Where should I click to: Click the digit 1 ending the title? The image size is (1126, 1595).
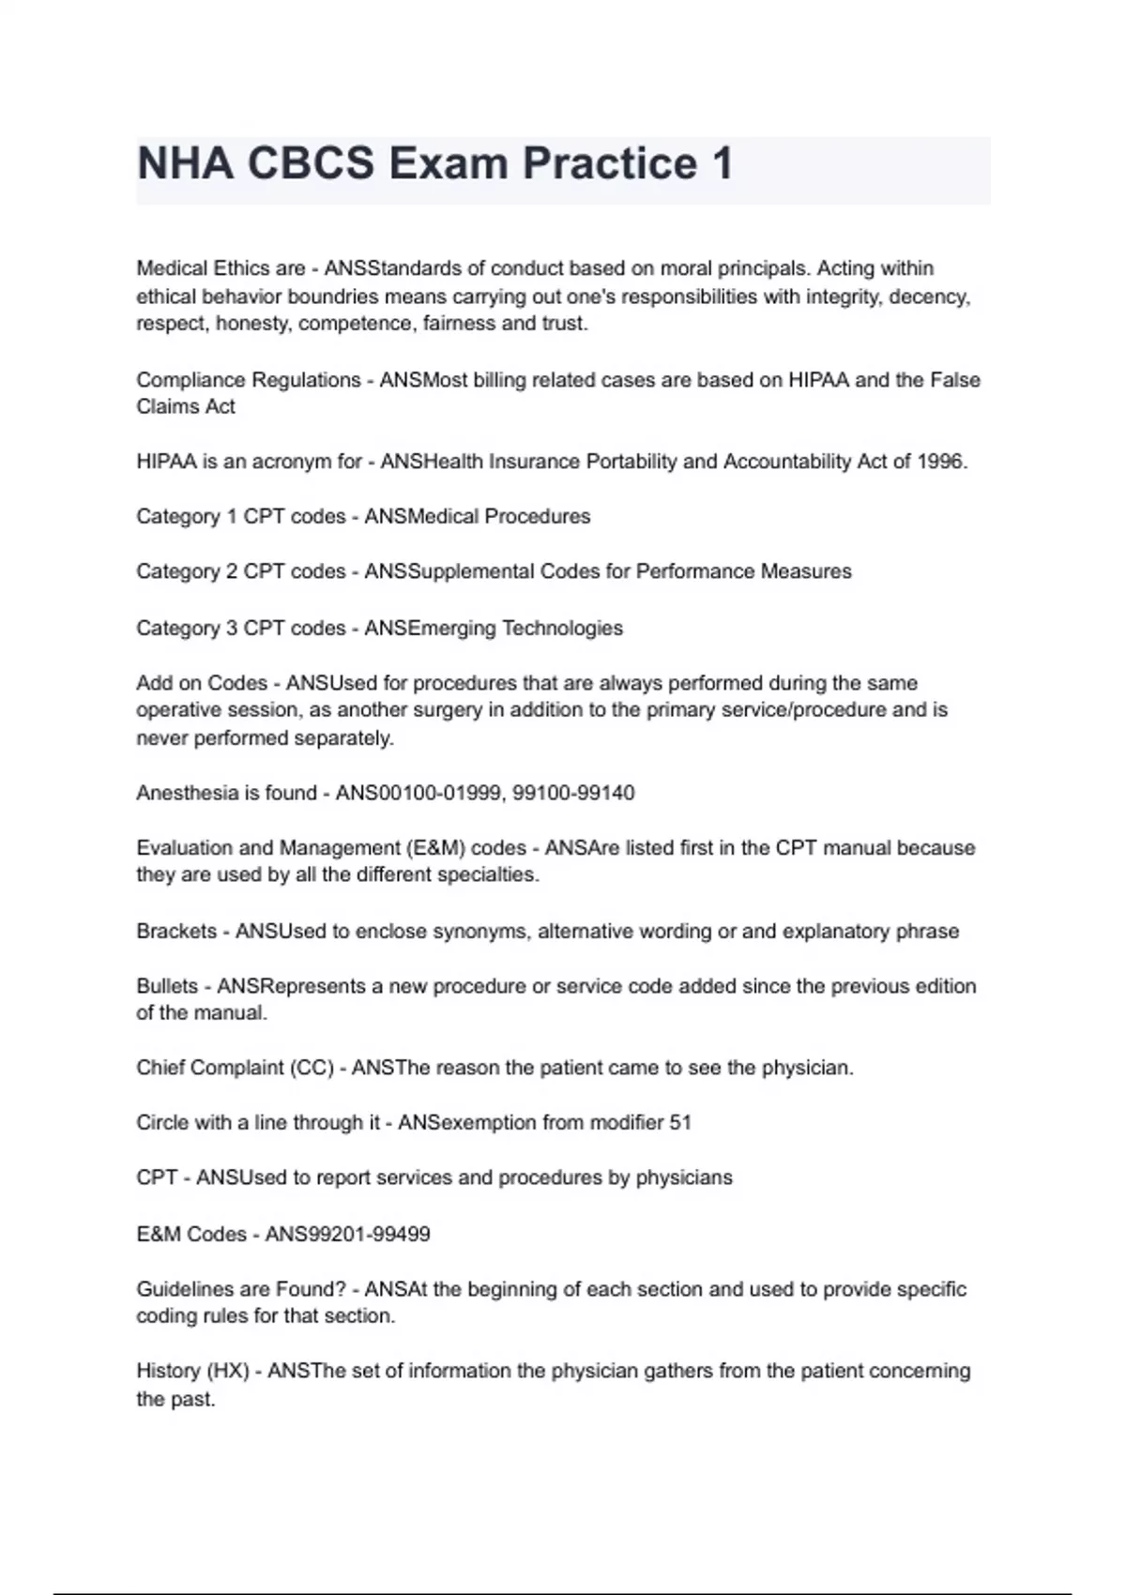pyautogui.click(x=722, y=164)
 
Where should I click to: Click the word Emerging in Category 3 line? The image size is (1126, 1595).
pyautogui.click(x=449, y=628)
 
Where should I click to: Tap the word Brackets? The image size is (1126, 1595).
pyautogui.click(x=176, y=931)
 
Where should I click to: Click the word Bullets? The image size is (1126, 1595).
pyautogui.click(x=167, y=986)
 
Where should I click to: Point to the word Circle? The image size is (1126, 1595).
pyautogui.click(x=162, y=1122)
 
